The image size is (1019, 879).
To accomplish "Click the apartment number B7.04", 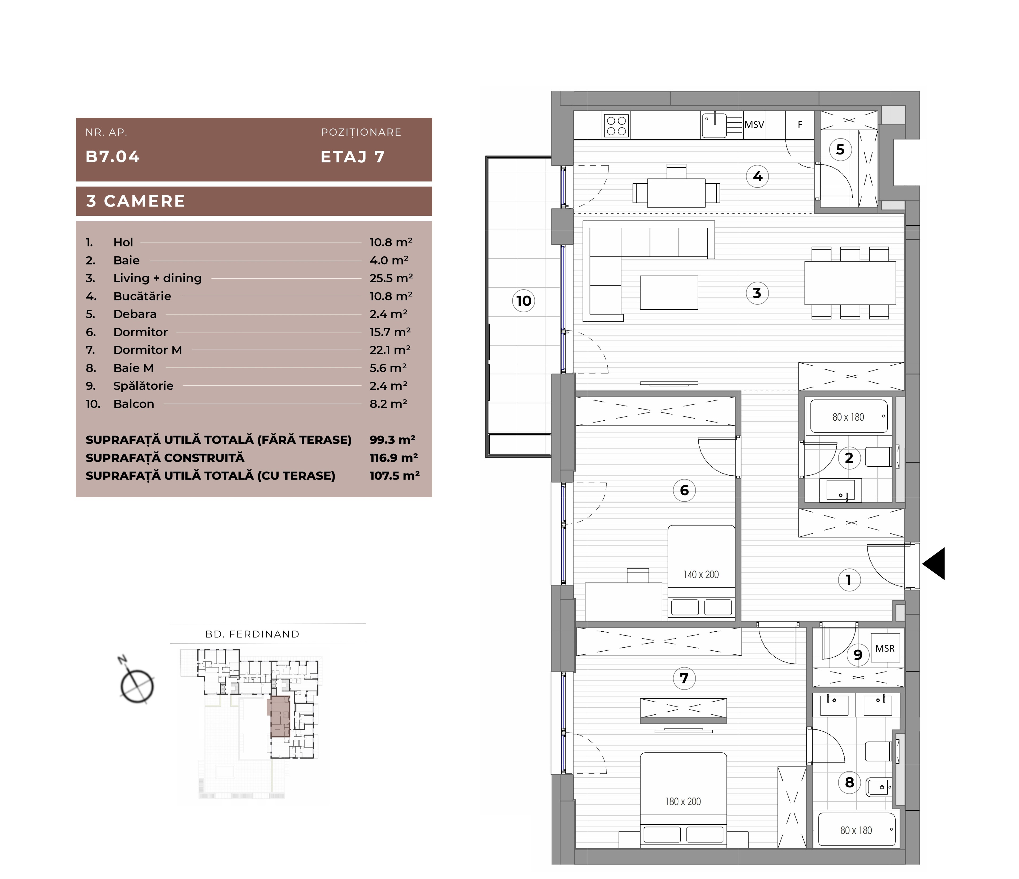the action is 113,156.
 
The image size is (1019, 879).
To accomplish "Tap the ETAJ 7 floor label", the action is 353,156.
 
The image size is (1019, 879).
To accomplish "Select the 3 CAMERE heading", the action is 136,201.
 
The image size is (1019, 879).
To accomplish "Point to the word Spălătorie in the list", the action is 143,386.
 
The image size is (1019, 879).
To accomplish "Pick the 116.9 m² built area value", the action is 394,458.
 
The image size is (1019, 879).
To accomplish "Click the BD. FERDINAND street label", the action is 252,634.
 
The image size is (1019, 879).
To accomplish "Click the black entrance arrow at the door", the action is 934,564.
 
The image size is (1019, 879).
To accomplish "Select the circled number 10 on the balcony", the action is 524,300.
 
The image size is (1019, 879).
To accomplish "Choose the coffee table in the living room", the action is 669,293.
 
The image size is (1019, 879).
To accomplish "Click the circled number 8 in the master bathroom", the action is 849,782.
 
